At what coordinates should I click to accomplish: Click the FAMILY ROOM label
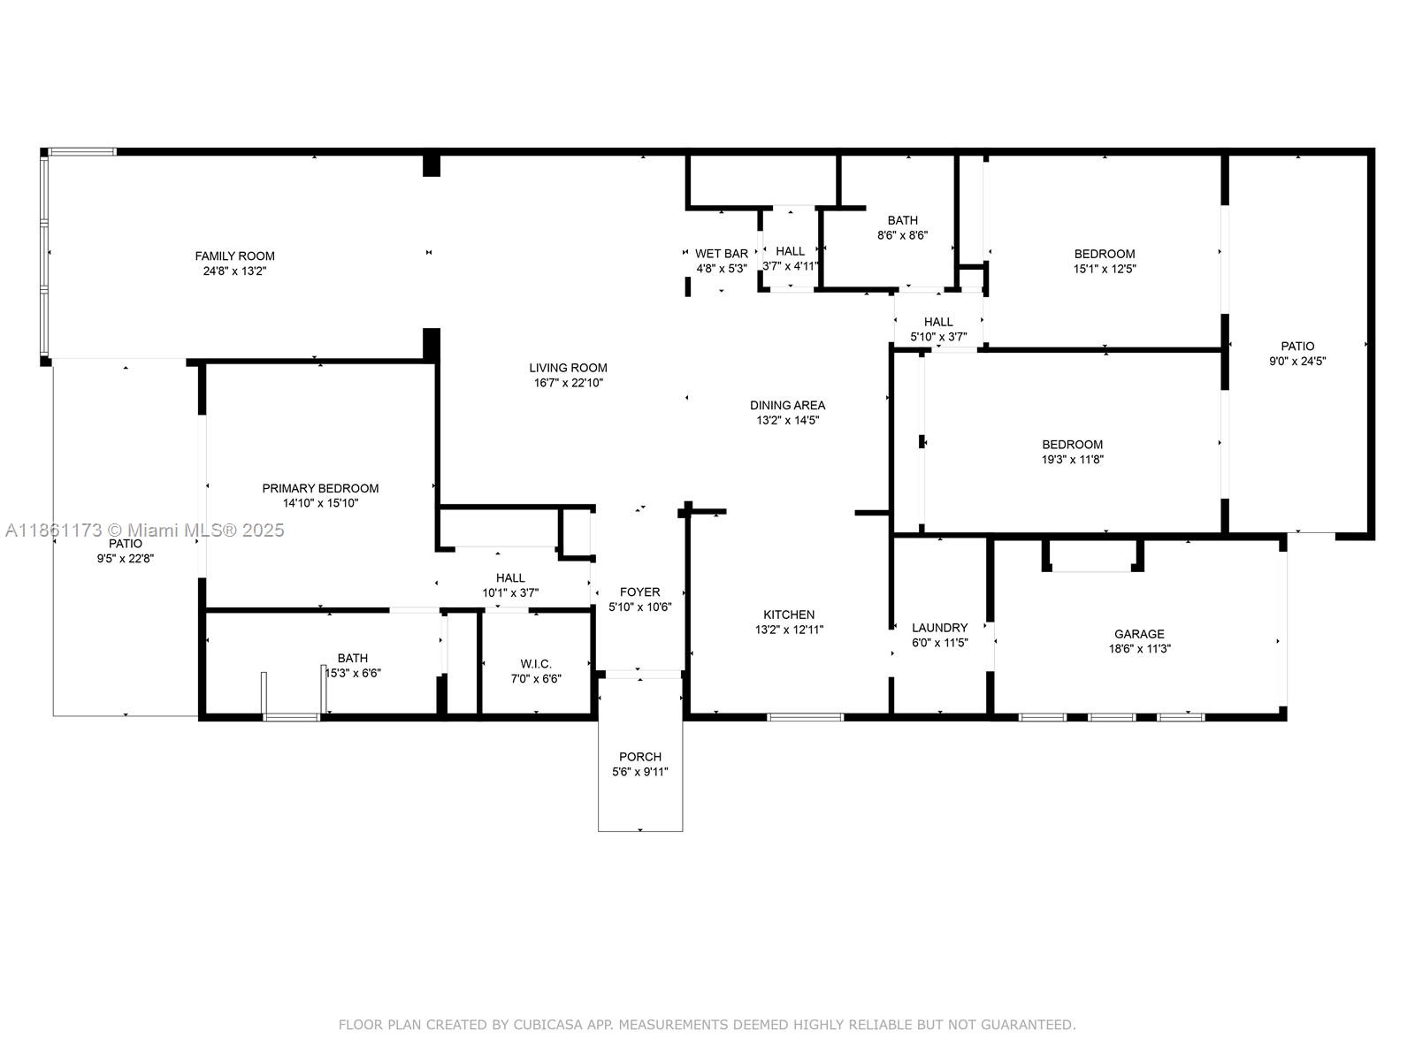[x=234, y=256]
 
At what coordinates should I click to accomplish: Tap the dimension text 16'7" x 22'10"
[x=568, y=383]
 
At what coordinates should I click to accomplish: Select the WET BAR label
[x=722, y=253]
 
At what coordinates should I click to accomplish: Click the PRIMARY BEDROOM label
[x=320, y=488]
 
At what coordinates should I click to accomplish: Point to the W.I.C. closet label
[x=536, y=664]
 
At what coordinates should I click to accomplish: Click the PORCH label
[x=640, y=757]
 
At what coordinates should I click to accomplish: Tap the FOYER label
[x=639, y=592]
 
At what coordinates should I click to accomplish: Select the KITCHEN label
[x=789, y=614]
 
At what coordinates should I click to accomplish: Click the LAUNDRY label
[x=939, y=628]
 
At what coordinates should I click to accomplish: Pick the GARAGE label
[x=1139, y=634]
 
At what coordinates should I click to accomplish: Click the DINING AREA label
[x=787, y=405]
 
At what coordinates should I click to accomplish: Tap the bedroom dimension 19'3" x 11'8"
[x=1072, y=460]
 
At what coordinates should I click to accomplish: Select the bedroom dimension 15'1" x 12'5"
[x=1105, y=269]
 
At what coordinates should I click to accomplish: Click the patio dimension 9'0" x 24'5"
[x=1297, y=361]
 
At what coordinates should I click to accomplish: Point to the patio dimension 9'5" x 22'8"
[x=126, y=559]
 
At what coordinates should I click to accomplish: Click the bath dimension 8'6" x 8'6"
[x=902, y=235]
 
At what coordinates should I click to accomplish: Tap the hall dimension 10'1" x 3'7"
[x=510, y=593]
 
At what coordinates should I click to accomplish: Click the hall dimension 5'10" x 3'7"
[x=938, y=337]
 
